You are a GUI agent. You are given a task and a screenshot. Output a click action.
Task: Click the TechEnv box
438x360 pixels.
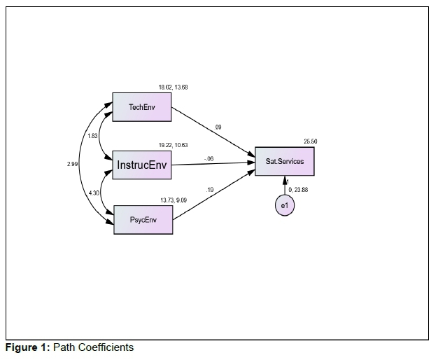(143, 106)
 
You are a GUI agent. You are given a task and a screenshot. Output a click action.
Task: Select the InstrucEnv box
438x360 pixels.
(143, 165)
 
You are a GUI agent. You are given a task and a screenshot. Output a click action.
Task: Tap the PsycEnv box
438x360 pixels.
(143, 219)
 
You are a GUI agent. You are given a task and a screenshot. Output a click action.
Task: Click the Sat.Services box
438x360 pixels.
(285, 162)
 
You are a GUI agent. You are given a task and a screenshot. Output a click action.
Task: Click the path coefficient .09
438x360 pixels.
(218, 127)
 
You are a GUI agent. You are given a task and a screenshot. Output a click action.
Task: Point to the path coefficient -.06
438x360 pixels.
(209, 159)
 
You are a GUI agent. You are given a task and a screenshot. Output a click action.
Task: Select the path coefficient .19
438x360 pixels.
(211, 190)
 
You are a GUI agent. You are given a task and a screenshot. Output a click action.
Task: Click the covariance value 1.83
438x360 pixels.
(92, 136)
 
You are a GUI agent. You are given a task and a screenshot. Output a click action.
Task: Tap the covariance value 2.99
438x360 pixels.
(72, 164)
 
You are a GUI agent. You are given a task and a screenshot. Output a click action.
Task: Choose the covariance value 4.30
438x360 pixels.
(94, 193)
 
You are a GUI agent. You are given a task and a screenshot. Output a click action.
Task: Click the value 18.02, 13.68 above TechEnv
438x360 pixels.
(173, 88)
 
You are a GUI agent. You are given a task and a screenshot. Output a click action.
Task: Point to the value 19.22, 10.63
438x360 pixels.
(173, 145)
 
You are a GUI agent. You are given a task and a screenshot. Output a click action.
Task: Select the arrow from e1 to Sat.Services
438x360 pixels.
(284, 186)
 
